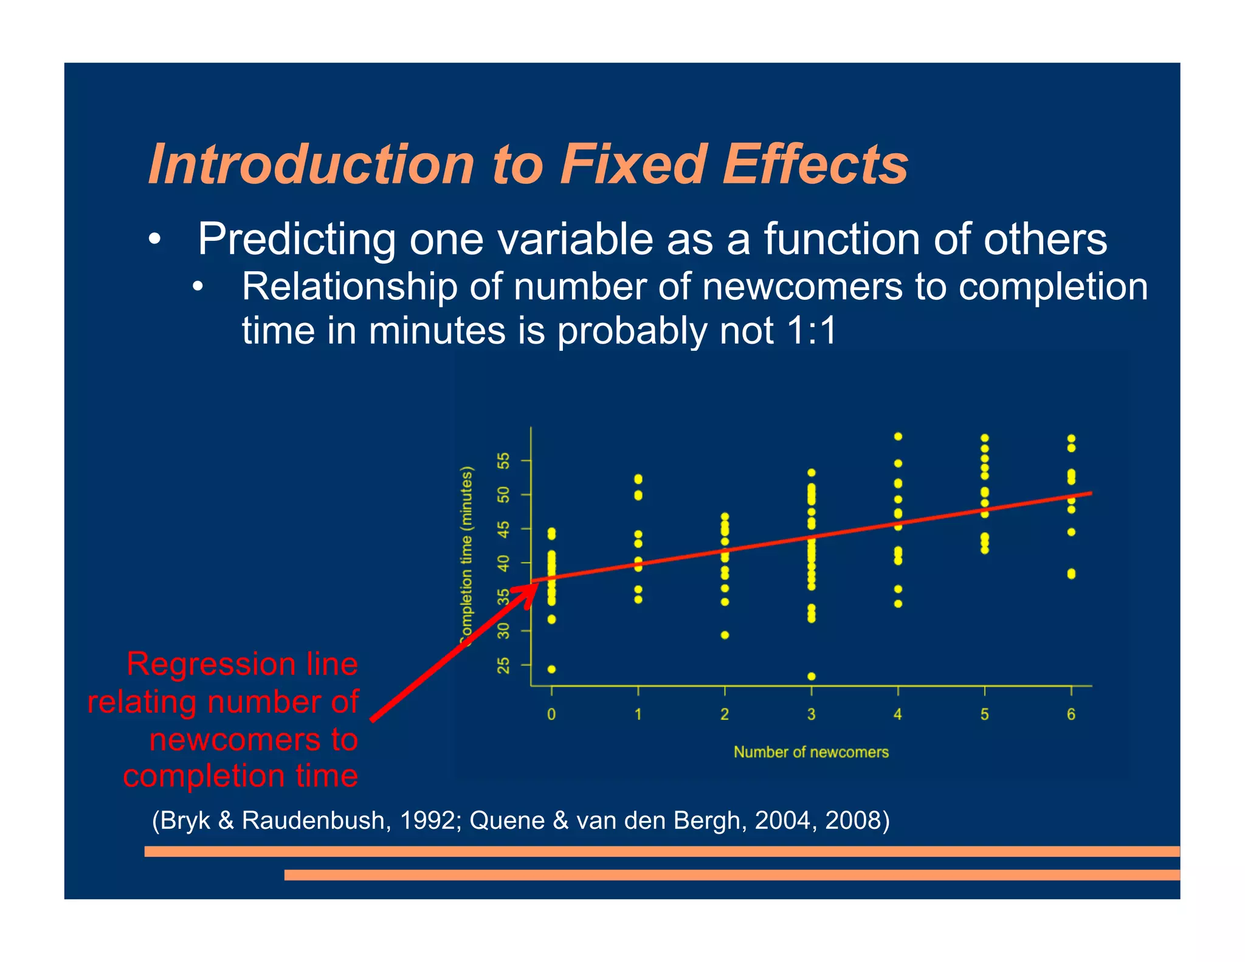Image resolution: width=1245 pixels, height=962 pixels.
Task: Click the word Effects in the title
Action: pos(815,164)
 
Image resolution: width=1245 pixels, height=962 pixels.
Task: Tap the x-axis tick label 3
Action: pos(811,714)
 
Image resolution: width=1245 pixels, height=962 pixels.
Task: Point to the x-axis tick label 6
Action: pos(1071,714)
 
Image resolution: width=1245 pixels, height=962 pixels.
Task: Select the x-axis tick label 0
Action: pos(551,714)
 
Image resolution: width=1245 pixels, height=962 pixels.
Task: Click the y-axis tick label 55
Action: pos(504,461)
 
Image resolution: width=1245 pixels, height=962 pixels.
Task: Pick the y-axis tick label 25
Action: pos(504,665)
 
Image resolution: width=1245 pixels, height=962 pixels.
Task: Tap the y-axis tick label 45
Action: pos(504,529)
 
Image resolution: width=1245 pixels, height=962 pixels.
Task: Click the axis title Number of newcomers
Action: pos(811,752)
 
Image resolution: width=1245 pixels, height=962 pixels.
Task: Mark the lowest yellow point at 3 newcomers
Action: pos(812,676)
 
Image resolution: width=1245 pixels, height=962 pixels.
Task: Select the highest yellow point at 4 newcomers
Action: pos(898,437)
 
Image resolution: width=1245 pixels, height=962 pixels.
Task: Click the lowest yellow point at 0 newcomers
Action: pos(551,669)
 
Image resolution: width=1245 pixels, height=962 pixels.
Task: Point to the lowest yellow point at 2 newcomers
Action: pos(725,635)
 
